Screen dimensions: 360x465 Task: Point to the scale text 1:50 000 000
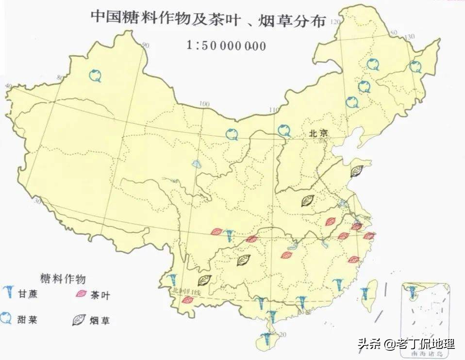pos(226,46)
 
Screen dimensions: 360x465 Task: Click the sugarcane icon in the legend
pos(9,293)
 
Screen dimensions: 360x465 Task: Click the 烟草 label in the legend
pos(100,320)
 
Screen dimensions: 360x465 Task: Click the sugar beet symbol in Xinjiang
pos(96,75)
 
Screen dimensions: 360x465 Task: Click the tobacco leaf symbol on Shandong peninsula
pos(358,170)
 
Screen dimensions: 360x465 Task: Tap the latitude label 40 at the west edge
pos(8,86)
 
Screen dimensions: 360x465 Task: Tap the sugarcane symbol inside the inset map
pos(413,291)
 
